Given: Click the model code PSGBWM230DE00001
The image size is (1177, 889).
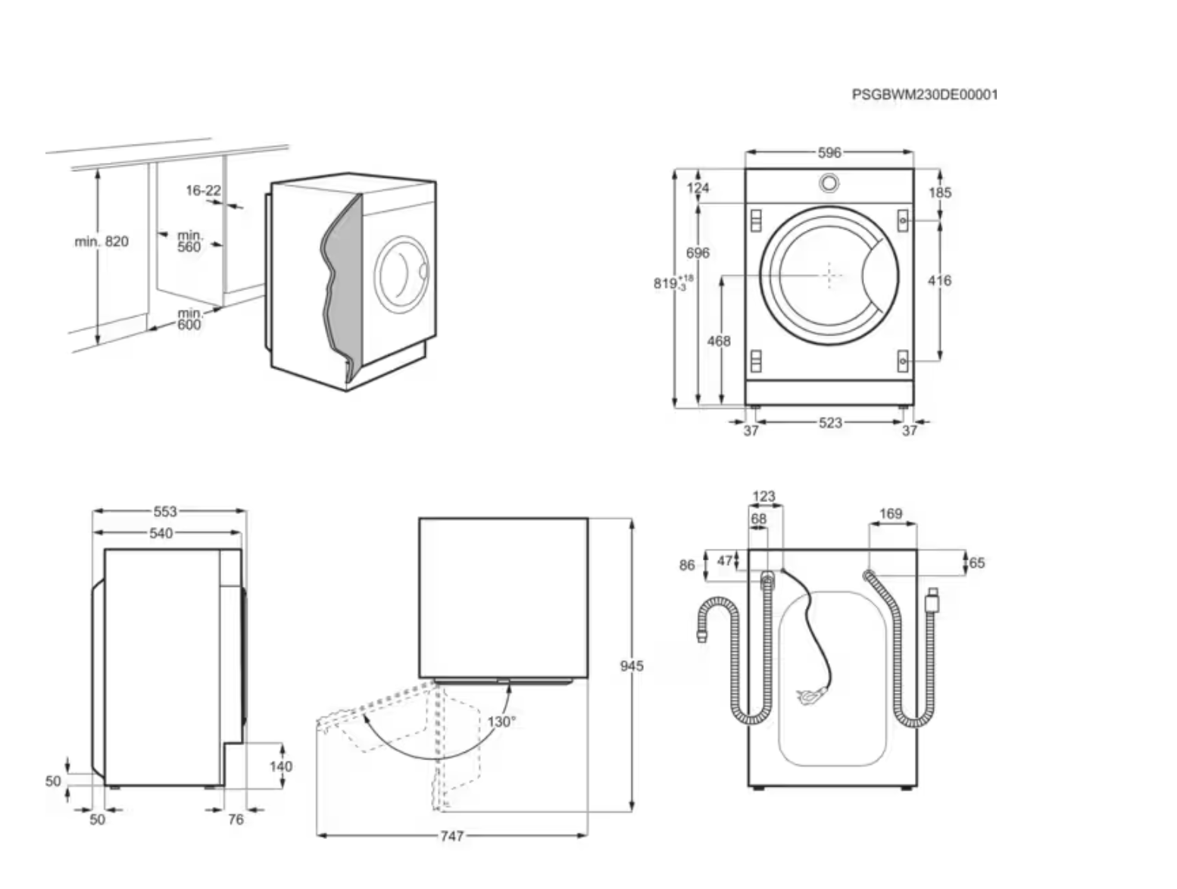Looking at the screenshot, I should (924, 95).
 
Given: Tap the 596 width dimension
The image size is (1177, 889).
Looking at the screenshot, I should (829, 153).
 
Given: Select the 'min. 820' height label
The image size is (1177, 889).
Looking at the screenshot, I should (101, 242).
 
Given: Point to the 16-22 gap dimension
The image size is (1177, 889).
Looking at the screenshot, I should (203, 190).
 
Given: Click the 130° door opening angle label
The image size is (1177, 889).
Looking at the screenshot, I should (501, 722).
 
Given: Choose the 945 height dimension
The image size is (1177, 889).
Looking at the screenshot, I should (632, 666).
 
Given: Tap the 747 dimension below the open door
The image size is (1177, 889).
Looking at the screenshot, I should (451, 836).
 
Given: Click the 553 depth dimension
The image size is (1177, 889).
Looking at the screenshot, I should (165, 512).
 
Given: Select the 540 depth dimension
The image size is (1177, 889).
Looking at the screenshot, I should (161, 533).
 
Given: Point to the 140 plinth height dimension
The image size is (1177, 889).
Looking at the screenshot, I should (280, 766).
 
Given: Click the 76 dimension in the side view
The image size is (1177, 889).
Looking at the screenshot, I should (236, 819).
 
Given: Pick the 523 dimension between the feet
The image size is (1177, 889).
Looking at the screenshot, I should (830, 423).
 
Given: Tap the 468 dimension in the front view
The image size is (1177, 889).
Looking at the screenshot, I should (719, 342).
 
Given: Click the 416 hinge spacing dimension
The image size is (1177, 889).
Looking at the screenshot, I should (939, 281).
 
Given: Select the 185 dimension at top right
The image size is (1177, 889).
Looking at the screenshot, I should (940, 192).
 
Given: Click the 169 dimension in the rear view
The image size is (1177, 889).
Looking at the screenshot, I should (891, 514).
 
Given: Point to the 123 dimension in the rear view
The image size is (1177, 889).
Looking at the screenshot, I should (764, 497).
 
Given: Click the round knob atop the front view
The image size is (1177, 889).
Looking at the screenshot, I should (829, 183).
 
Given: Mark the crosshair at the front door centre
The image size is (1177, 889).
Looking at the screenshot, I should (830, 276).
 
